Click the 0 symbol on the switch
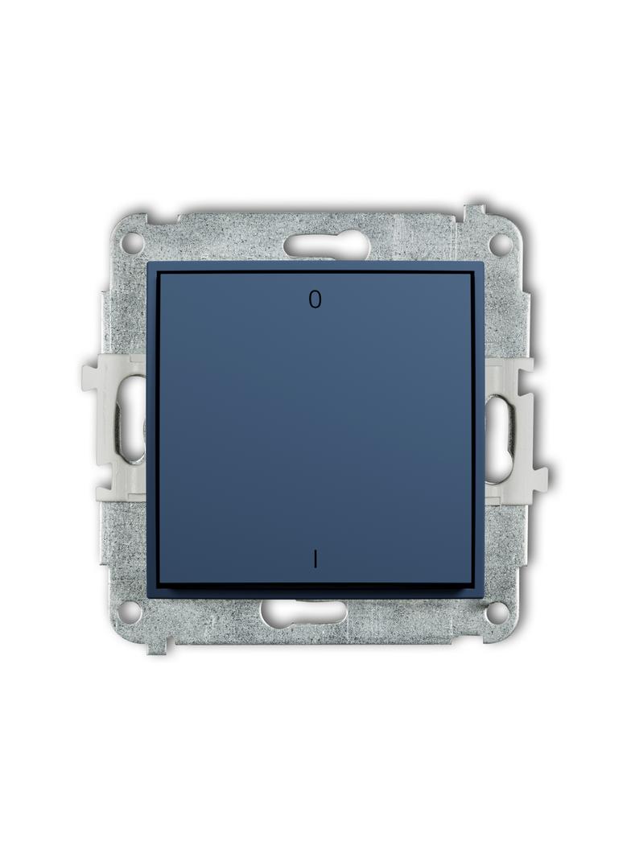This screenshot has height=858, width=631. click(314, 299)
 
